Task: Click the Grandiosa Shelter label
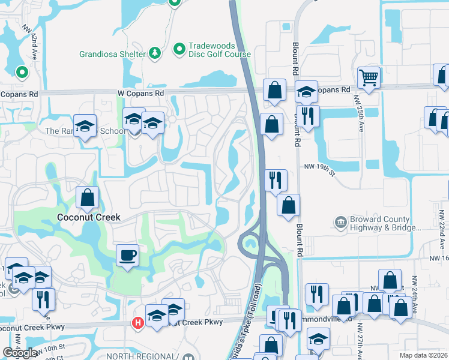point(112,54)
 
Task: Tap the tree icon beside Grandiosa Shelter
point(155,53)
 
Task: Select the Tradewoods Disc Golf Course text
point(220,50)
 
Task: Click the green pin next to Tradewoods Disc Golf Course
point(179,49)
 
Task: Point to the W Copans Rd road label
point(142,94)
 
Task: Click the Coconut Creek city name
point(89,217)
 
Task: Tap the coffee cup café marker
point(127,256)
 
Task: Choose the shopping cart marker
point(369,77)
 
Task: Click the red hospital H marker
point(137,323)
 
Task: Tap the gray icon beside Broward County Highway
point(341,223)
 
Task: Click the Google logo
point(20,353)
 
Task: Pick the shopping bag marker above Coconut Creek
point(88,197)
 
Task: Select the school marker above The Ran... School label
point(85,125)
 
